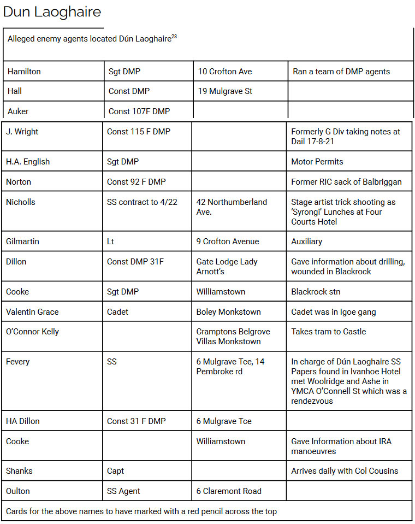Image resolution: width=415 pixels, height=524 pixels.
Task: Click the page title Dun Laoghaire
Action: click(x=52, y=12)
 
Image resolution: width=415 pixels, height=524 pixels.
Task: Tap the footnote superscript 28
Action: click(x=174, y=37)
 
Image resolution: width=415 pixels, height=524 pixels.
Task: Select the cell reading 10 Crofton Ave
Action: click(x=225, y=72)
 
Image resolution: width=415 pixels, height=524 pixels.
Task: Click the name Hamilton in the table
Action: click(x=24, y=72)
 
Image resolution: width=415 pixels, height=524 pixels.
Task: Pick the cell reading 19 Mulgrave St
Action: click(x=225, y=91)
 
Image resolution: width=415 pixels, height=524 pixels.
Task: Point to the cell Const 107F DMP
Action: click(x=139, y=111)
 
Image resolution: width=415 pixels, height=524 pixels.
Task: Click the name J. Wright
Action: click(x=22, y=132)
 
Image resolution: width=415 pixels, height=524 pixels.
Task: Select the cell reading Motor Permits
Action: click(x=317, y=162)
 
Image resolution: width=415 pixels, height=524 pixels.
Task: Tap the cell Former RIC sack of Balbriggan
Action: click(x=346, y=182)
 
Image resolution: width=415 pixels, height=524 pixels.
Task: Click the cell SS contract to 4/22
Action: click(x=142, y=202)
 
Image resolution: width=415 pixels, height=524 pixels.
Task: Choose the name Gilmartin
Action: click(x=23, y=242)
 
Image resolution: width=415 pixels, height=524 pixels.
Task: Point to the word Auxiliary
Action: click(x=307, y=242)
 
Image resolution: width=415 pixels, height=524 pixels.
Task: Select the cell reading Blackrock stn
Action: click(x=316, y=292)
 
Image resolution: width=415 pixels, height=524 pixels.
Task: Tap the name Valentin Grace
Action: click(x=32, y=312)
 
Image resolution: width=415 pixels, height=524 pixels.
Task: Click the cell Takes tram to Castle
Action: click(x=329, y=332)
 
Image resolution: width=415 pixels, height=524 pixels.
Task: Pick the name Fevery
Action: click(x=18, y=362)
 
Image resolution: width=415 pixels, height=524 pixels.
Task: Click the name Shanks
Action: click(x=19, y=471)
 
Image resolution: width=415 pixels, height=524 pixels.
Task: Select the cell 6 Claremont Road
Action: click(x=229, y=491)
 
